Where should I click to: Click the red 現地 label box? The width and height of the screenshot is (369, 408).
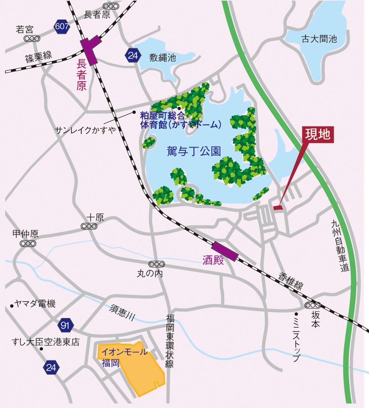point(318,135)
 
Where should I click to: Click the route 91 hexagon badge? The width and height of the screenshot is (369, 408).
point(66,325)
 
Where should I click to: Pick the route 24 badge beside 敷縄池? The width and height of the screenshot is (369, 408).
point(132,55)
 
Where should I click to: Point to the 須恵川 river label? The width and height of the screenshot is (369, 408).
point(123,312)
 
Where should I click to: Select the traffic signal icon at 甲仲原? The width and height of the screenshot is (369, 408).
point(28,243)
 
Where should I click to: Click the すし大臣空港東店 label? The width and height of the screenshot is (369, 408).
point(46,342)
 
